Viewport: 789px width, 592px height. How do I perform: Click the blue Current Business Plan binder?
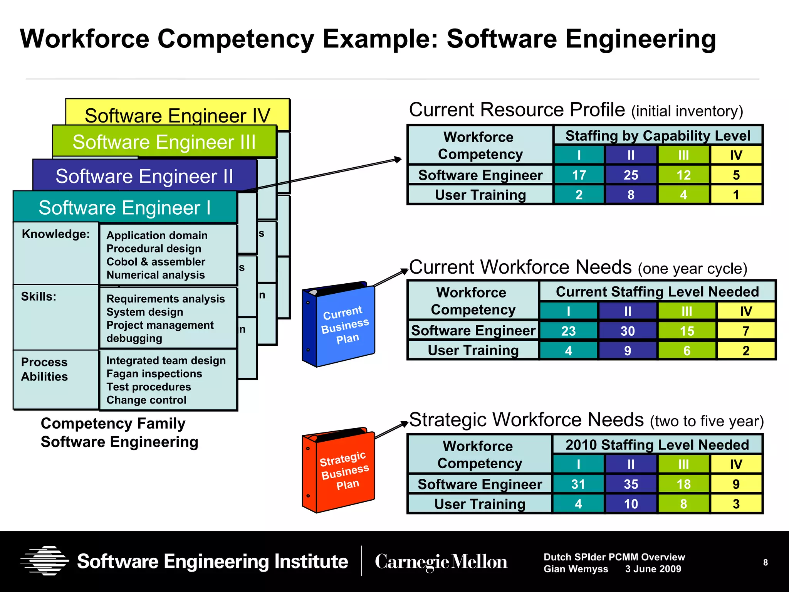click(339, 325)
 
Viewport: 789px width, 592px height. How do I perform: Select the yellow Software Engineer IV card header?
click(177, 115)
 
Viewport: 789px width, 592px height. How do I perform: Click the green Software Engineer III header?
click(164, 142)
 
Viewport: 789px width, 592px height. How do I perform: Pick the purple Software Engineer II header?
click(144, 176)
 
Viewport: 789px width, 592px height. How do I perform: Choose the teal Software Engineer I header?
click(124, 208)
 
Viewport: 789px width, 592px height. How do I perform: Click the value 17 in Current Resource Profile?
click(579, 175)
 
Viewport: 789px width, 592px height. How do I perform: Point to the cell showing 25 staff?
click(631, 175)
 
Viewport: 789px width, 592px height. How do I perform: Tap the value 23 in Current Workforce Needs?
click(568, 331)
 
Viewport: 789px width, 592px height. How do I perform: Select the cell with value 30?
click(627, 331)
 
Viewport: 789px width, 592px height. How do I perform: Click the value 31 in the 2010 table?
click(578, 484)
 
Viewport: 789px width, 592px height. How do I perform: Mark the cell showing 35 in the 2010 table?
click(631, 484)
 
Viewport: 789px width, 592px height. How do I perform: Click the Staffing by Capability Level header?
click(658, 136)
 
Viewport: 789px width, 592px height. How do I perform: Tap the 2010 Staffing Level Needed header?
click(657, 445)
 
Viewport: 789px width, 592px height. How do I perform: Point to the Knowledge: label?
click(56, 234)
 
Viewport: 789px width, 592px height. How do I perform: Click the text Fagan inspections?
click(154, 374)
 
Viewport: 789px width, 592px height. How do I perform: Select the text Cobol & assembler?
click(156, 262)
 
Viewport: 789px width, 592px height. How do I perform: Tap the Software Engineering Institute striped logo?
click(45, 561)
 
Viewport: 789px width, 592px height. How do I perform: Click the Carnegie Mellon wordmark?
click(441, 562)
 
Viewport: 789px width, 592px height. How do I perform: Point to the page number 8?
click(765, 563)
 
